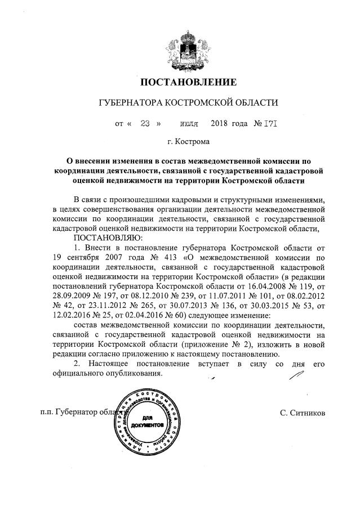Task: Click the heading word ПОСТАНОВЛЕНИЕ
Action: [188, 83]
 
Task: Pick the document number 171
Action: [272, 122]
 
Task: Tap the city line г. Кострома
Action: [189, 141]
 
